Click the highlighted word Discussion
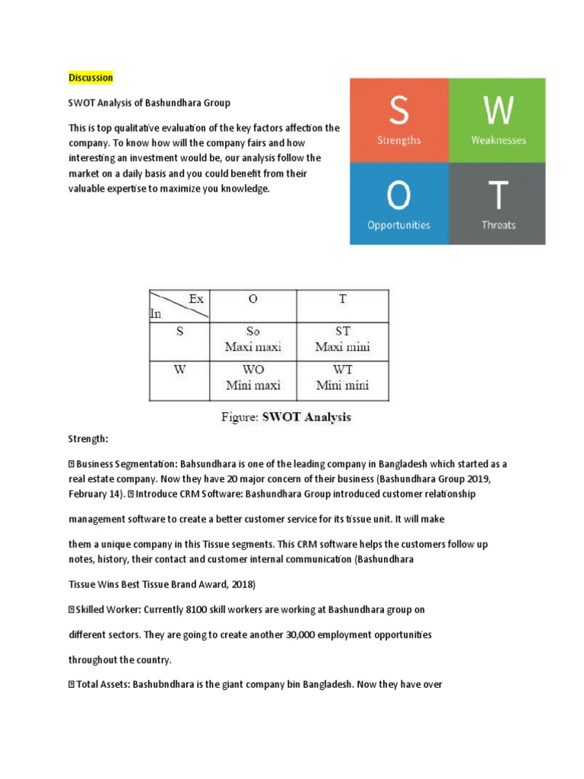point(90,78)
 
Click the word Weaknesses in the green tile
point(497,141)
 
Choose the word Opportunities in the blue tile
point(398,225)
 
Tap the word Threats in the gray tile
point(498,225)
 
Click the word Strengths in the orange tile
point(398,141)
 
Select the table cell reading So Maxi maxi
point(253,340)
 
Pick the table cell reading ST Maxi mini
point(342,340)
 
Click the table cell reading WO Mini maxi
point(253,379)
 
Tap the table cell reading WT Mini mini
point(342,379)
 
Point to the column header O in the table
point(253,300)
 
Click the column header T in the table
point(342,300)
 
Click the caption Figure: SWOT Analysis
point(286,418)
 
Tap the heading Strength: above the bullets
point(89,440)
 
